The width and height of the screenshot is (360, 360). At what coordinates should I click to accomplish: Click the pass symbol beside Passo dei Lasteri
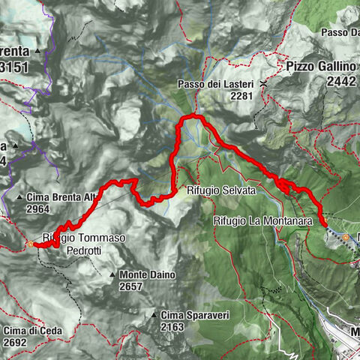262,85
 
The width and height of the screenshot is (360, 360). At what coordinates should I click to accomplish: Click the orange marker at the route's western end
30,244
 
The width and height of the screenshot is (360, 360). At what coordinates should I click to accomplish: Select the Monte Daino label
147,275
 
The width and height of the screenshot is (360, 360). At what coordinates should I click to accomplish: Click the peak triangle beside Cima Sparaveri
152,315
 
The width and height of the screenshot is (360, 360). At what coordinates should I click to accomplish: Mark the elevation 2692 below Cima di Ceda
15,342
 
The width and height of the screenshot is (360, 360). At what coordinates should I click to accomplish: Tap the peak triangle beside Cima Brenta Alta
19,197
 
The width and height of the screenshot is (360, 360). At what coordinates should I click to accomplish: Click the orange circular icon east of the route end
346,237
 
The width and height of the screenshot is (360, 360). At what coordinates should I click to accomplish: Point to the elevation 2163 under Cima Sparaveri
172,327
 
